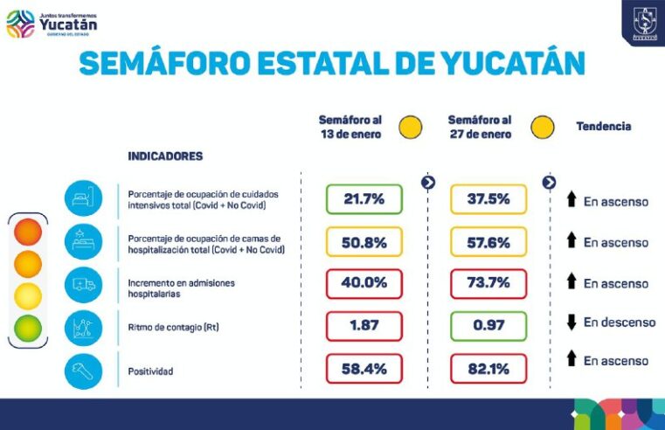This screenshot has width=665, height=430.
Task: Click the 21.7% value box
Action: pyautogui.click(x=364, y=199)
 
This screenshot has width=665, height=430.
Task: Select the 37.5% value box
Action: pyautogui.click(x=488, y=199)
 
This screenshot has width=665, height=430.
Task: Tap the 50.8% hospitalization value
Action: pyautogui.click(x=364, y=243)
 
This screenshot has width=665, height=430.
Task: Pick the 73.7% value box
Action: pyautogui.click(x=488, y=284)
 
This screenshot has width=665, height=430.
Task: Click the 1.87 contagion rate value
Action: pyautogui.click(x=364, y=326)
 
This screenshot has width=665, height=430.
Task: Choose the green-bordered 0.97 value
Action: pyautogui.click(x=488, y=326)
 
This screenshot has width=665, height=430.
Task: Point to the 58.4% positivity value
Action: pyautogui.click(x=364, y=369)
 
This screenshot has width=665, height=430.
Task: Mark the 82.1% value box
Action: pyautogui.click(x=488, y=369)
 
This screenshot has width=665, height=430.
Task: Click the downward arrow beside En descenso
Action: pyautogui.click(x=571, y=322)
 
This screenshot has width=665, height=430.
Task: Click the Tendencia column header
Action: pyautogui.click(x=603, y=127)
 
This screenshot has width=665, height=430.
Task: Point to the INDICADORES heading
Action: pyautogui.click(x=165, y=156)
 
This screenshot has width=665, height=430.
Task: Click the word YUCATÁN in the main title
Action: pyautogui.click(x=506, y=64)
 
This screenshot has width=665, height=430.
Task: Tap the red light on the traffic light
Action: pyautogui.click(x=28, y=233)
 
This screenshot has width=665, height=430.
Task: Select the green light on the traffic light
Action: pyautogui.click(x=28, y=328)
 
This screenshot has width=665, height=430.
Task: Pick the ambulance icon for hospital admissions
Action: pyautogui.click(x=83, y=285)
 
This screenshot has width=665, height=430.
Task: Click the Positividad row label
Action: pyautogui.click(x=150, y=371)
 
